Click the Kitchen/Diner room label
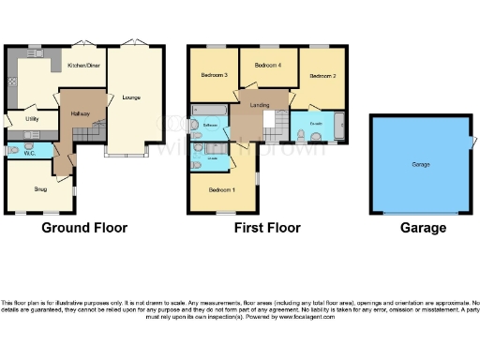pos(85,66)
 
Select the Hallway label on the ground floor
pos(80,114)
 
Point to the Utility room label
pos(31,119)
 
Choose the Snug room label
pos(40,188)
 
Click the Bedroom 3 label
pos(215,74)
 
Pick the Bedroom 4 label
pos(267,65)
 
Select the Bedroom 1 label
pos(222,189)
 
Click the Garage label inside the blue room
pos(421,164)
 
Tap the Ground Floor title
pos(84,228)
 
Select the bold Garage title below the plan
pos(423,228)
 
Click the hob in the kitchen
pos(12,84)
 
